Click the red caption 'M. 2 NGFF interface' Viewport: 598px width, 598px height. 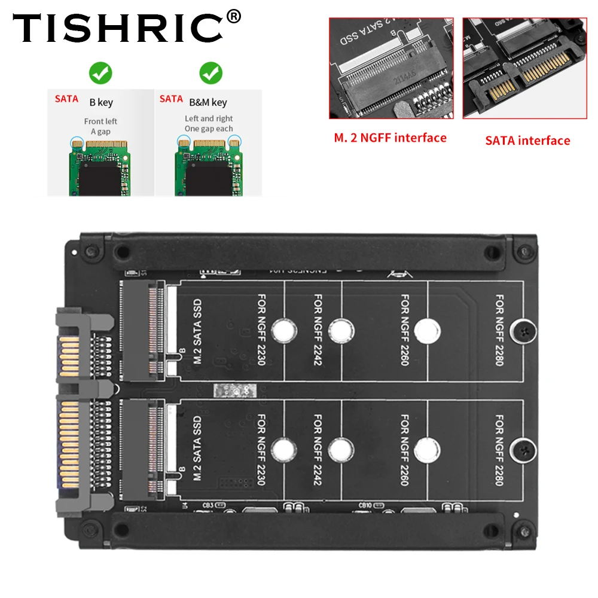tap(390, 138)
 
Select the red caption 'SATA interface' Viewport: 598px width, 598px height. tap(527, 141)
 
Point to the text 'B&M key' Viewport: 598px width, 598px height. tap(208, 102)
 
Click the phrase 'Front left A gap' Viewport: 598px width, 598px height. tap(100, 126)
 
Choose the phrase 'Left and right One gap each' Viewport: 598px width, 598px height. tap(209, 124)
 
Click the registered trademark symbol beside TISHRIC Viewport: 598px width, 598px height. tap(234, 16)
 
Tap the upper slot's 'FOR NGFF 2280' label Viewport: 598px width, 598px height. tap(500, 330)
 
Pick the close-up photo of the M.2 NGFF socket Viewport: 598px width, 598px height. tap(391, 68)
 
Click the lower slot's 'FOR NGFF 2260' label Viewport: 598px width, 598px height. tap(405, 450)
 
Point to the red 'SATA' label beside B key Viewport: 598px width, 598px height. tap(66, 99)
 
